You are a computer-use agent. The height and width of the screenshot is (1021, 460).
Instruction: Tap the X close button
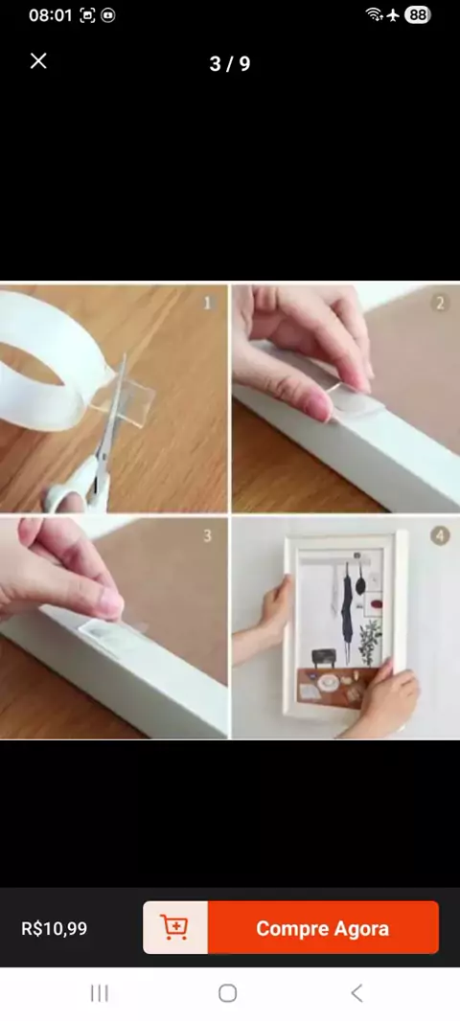click(x=38, y=61)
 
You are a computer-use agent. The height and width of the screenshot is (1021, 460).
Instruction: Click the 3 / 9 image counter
click(x=230, y=64)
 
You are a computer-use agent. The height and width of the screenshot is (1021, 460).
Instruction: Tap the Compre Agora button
click(x=323, y=928)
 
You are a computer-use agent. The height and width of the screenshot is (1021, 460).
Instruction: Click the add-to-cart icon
click(x=174, y=928)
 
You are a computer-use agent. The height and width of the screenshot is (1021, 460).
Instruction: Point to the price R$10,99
click(x=54, y=928)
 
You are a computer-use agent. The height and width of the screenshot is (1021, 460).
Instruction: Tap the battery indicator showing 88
click(x=417, y=15)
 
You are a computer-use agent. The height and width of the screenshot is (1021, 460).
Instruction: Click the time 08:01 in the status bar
click(x=50, y=15)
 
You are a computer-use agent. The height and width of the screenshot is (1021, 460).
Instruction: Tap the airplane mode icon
click(x=393, y=15)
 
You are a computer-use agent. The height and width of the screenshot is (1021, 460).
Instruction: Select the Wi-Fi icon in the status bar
click(x=374, y=15)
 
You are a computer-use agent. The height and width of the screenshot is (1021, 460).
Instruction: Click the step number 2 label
click(x=441, y=303)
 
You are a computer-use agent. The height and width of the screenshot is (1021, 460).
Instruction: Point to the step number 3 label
click(x=208, y=536)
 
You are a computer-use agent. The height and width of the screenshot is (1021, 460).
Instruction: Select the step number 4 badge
click(x=441, y=536)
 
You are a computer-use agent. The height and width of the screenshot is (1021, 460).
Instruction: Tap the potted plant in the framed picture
click(x=371, y=641)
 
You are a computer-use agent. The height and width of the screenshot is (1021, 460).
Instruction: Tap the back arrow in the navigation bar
click(x=356, y=993)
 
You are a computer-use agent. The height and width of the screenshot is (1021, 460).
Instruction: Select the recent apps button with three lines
click(x=99, y=993)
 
